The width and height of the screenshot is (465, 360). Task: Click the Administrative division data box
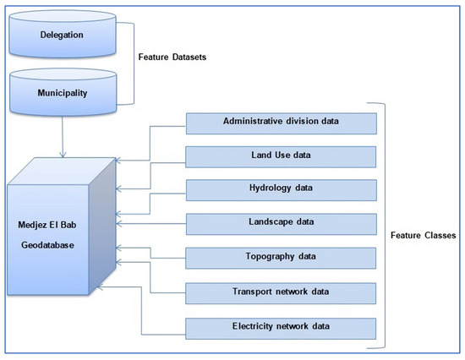click(282, 123)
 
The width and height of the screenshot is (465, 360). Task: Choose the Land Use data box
click(282, 156)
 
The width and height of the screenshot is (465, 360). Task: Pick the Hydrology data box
click(282, 190)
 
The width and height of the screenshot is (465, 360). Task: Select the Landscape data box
click(282, 223)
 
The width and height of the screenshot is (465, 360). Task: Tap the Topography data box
click(282, 257)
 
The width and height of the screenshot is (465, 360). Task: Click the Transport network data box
click(282, 292)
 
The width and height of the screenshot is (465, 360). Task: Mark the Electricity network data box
click(282, 325)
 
